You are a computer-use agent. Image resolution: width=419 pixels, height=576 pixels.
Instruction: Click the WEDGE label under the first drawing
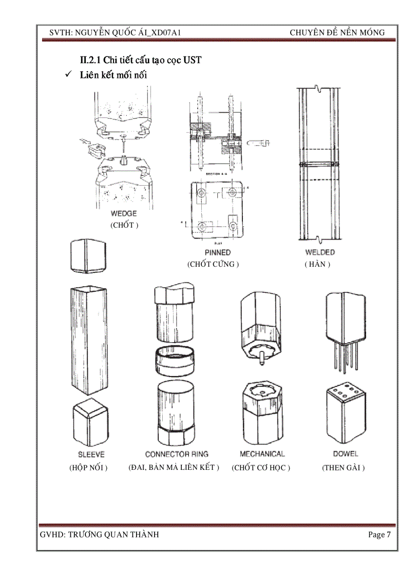(x=124, y=214)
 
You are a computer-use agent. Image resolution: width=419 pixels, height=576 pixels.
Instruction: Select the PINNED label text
(x=217, y=252)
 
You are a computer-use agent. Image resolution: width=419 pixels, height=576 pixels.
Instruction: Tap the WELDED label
(x=319, y=252)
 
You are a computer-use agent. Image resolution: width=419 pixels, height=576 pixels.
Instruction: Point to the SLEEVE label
(x=91, y=454)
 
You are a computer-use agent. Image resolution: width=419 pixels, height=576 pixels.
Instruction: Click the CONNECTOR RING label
(x=177, y=454)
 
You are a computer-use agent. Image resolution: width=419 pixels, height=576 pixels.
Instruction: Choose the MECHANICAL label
(x=262, y=454)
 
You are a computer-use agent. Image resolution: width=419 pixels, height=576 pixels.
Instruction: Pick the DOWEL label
(x=346, y=454)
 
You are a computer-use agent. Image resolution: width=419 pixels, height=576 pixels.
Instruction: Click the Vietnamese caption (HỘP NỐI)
(x=88, y=468)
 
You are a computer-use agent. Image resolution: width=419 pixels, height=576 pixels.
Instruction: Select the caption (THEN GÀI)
(x=343, y=468)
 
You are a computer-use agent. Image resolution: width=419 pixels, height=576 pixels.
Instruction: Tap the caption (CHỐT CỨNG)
(x=214, y=264)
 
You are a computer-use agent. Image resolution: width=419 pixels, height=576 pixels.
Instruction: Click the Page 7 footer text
(x=379, y=535)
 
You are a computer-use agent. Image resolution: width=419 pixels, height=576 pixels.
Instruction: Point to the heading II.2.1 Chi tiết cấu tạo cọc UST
(x=137, y=61)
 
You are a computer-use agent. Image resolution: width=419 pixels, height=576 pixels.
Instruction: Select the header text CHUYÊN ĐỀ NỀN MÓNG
(x=337, y=33)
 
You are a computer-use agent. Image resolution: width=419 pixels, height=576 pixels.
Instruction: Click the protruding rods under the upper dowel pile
(x=345, y=355)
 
